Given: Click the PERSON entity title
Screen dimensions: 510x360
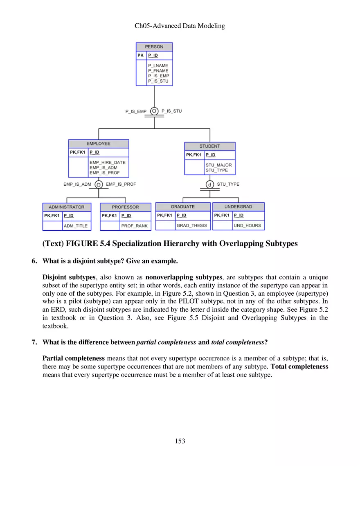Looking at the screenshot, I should (154, 47).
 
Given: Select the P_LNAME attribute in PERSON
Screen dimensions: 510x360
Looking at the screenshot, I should (158, 65).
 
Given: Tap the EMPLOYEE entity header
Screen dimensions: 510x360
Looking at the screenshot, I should (98, 144).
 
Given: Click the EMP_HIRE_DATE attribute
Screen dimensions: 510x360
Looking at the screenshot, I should (107, 162).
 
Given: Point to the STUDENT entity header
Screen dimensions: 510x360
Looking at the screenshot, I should (209, 146).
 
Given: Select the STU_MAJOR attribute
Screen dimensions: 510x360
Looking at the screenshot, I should (218, 165).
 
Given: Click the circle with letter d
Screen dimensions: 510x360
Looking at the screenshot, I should (210, 184).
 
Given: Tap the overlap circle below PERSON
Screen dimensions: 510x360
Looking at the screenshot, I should (154, 111).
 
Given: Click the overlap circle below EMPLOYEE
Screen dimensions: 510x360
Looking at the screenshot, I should (99, 184).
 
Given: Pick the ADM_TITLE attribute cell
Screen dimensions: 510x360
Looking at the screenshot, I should (76, 226).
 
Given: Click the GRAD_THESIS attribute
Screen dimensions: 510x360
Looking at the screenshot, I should (191, 225).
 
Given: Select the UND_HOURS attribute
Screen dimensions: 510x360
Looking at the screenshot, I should (247, 225).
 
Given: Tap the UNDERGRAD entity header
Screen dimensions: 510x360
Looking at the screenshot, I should (238, 207).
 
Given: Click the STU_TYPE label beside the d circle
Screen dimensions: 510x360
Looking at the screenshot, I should (228, 184).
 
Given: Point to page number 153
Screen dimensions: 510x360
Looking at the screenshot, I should (180, 441).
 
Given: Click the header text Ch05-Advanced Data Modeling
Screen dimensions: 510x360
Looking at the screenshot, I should (180, 26).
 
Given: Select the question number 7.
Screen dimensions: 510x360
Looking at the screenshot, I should (34, 342).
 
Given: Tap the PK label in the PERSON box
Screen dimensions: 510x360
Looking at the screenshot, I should (141, 55).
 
